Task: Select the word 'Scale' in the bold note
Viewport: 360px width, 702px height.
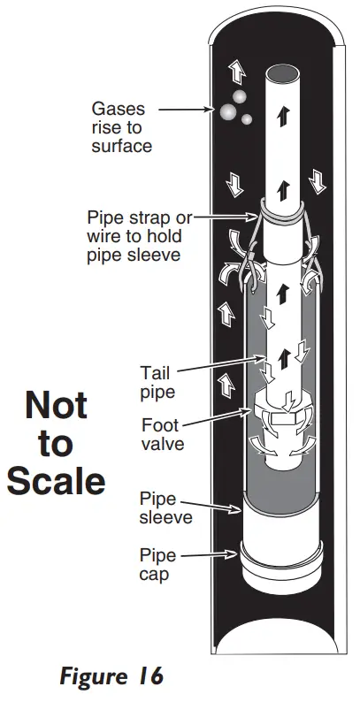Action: pyautogui.click(x=57, y=482)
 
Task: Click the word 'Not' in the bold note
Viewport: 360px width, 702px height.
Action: pyautogui.click(x=57, y=406)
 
